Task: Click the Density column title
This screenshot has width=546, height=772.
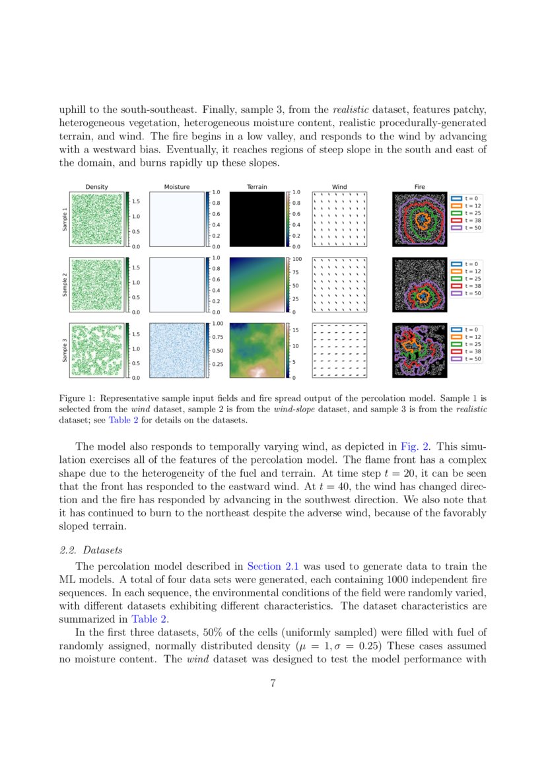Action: pyautogui.click(x=97, y=187)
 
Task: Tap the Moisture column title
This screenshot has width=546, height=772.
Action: pyautogui.click(x=176, y=187)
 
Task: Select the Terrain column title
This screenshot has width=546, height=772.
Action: pyautogui.click(x=257, y=187)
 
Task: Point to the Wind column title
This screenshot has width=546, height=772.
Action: pyautogui.click(x=339, y=187)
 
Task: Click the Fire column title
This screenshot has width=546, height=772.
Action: pyautogui.click(x=420, y=187)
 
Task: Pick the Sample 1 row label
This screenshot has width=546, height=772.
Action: pyautogui.click(x=64, y=219)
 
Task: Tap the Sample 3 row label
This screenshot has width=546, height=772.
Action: pyautogui.click(x=64, y=351)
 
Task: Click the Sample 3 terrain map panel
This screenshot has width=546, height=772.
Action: pyautogui.click(x=257, y=351)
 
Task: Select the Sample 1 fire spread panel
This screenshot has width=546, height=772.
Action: pyautogui.click(x=420, y=219)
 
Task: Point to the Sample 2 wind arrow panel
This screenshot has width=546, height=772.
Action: pyautogui.click(x=339, y=285)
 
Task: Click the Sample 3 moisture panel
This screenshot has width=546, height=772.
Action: pyautogui.click(x=176, y=351)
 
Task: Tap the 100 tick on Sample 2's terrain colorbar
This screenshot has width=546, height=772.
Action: pyautogui.click(x=296, y=260)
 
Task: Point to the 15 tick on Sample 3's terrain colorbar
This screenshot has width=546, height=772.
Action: pyautogui.click(x=296, y=330)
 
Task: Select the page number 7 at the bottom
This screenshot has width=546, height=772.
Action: pyautogui.click(x=273, y=684)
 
